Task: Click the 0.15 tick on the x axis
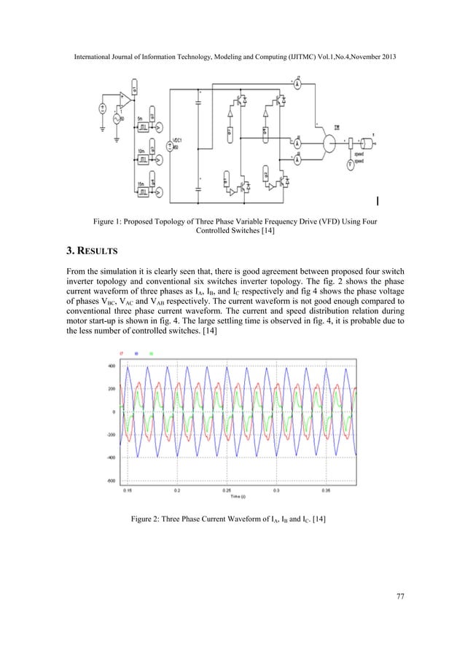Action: click(x=128, y=490)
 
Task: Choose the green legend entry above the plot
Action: click(x=151, y=353)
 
